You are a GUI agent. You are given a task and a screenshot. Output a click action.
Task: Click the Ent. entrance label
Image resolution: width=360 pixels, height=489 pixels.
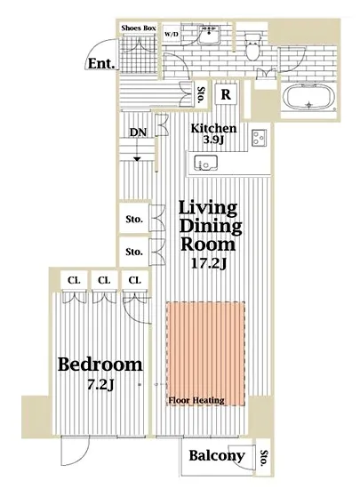click(x=101, y=64)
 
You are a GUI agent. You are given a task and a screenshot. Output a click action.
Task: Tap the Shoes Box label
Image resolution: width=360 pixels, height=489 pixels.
click(x=139, y=28)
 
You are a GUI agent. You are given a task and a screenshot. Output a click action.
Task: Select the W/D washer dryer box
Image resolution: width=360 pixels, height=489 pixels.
click(x=172, y=34)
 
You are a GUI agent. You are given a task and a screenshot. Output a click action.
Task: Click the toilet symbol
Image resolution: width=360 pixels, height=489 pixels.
click(x=252, y=46)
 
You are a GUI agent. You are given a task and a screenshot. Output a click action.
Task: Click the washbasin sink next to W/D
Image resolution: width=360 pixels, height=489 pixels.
click(x=209, y=35)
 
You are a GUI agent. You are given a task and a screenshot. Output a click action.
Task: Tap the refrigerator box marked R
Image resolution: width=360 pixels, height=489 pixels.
click(x=227, y=94)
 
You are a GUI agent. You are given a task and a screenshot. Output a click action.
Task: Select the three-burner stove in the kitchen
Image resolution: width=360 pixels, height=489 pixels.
click(x=260, y=138)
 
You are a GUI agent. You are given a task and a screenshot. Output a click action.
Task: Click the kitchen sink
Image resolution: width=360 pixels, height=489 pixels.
click(x=205, y=163)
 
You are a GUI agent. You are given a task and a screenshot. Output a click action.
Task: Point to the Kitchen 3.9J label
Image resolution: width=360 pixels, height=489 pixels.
click(x=214, y=133)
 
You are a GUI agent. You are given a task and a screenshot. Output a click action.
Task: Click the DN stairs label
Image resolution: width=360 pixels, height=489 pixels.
click(x=138, y=132)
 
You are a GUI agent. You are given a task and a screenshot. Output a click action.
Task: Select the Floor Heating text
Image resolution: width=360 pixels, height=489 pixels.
click(x=196, y=400)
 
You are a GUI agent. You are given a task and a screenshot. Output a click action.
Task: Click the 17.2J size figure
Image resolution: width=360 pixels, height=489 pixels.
click(x=209, y=264)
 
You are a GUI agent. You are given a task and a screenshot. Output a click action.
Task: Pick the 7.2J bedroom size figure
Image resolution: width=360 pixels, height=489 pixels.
click(x=100, y=385)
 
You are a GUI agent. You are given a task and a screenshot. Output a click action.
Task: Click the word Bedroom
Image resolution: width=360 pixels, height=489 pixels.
click(x=100, y=365)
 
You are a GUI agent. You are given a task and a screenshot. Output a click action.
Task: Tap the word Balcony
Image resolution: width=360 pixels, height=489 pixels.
click(x=217, y=456)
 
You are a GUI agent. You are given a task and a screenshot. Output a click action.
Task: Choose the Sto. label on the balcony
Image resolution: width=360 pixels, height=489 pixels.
click(x=264, y=458)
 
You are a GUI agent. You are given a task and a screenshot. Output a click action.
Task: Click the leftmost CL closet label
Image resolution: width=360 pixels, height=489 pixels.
click(x=74, y=280)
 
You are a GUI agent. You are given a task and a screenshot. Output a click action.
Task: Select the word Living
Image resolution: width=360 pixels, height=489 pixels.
click(x=208, y=208)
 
